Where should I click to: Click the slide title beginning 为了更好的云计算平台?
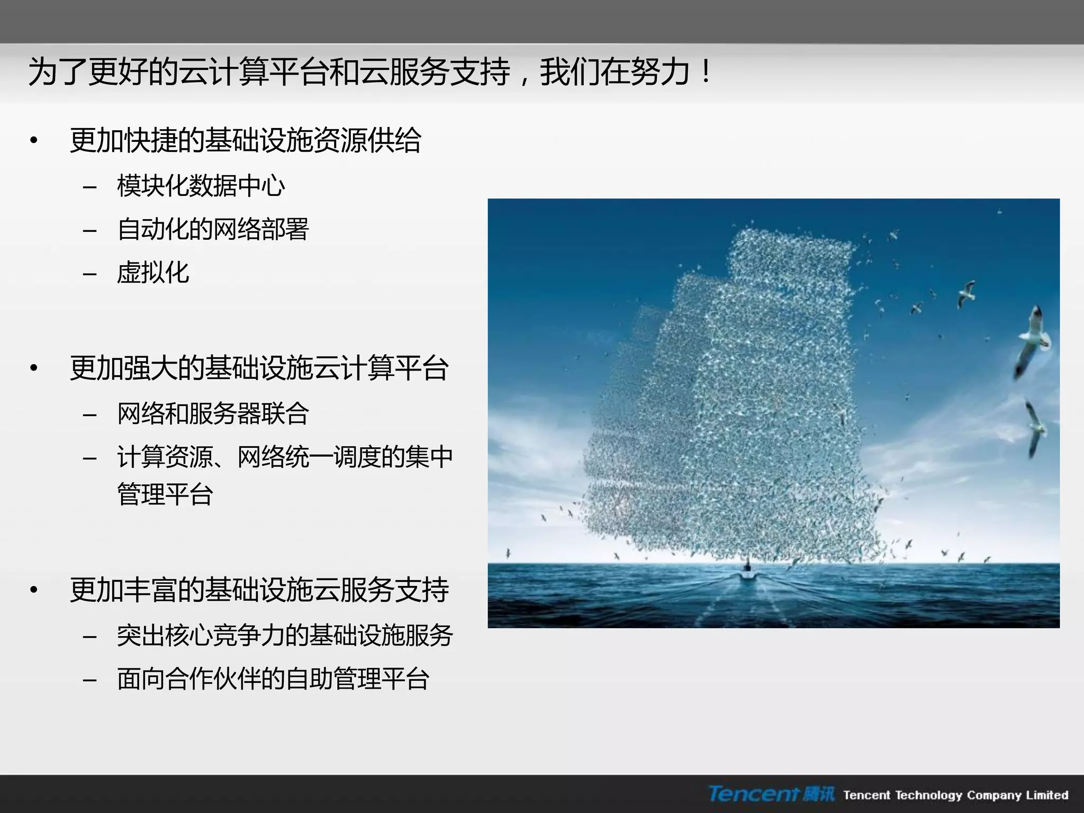[371, 73]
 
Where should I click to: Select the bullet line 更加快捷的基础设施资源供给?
[246, 141]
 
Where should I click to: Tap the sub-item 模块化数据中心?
[201, 186]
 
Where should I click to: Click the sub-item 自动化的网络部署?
[213, 230]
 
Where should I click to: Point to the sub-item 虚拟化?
[153, 273]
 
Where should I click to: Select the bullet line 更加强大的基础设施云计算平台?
[259, 368]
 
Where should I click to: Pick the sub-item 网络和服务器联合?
[213, 413]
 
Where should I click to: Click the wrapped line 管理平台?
[165, 494]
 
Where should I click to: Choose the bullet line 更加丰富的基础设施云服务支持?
[259, 590]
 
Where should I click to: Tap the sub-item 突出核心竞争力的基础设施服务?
[285, 635]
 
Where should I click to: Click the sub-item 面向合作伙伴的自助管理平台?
[273, 679]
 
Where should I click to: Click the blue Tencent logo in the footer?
[771, 794]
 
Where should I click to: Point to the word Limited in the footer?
[1047, 794]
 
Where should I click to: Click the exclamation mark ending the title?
[706, 73]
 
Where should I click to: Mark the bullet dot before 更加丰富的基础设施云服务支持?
[34, 590]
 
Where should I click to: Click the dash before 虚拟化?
[90, 274]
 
